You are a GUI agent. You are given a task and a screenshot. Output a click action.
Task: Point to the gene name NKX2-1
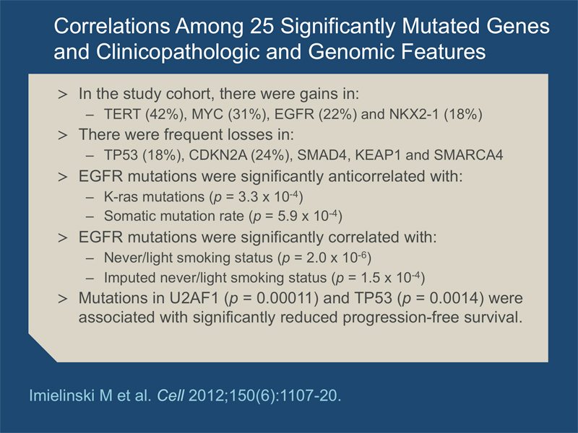(x=414, y=114)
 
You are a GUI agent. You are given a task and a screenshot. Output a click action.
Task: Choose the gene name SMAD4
(x=322, y=155)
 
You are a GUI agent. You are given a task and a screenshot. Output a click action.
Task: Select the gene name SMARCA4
(x=468, y=155)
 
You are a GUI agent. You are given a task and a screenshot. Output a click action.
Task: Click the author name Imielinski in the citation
(x=60, y=395)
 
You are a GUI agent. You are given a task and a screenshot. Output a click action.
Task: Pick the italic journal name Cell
(x=171, y=395)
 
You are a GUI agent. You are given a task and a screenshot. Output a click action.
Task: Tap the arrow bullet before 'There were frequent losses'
(x=63, y=135)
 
